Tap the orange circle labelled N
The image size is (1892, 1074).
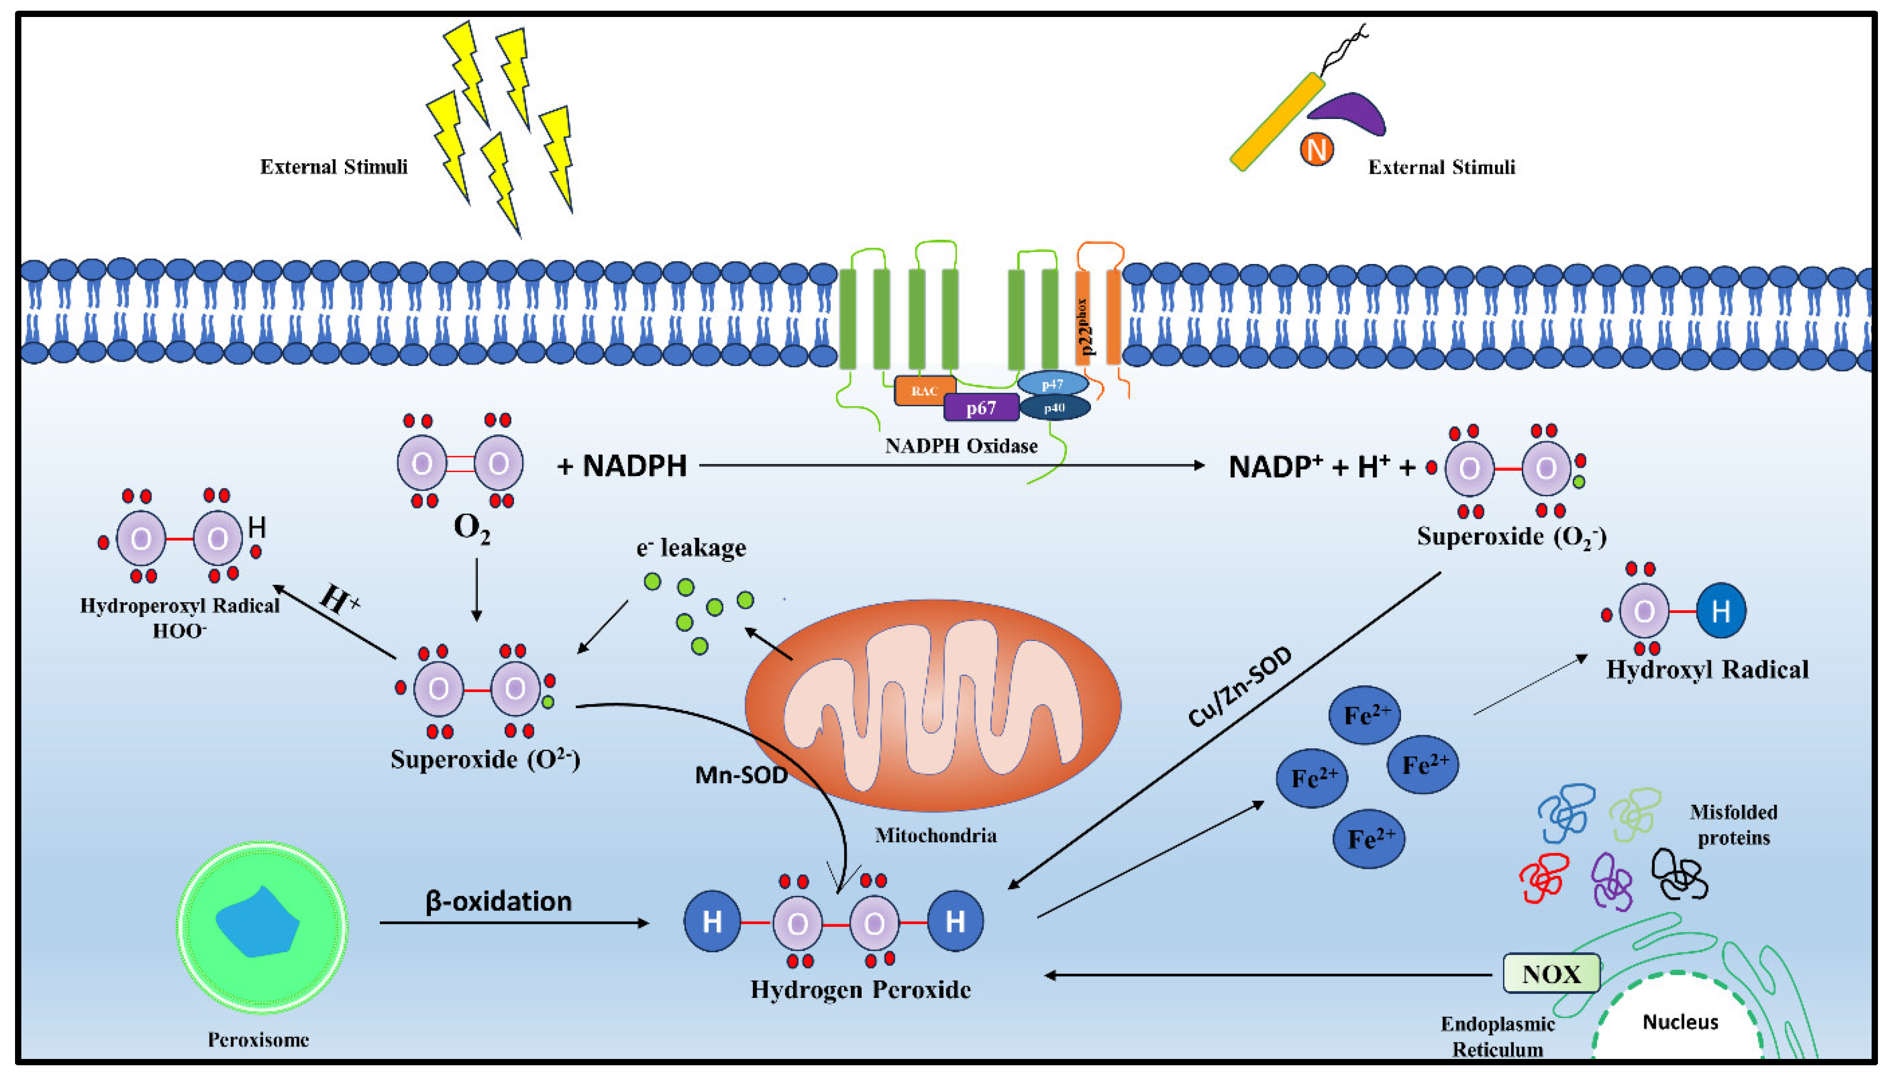1316,150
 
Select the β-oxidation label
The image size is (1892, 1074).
498,901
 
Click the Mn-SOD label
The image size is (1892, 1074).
741,775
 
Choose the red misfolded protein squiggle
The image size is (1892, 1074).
1544,878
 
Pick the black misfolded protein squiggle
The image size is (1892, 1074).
1679,874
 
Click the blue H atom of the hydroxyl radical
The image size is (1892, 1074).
1720,611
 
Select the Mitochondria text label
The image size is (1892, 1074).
935,836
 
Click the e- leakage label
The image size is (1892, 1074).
691,548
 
